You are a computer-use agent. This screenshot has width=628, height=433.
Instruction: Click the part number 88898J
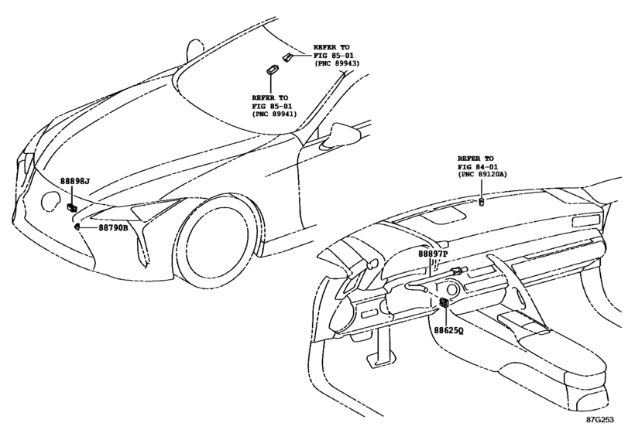(75, 181)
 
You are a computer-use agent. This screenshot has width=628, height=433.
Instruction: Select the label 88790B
(113, 228)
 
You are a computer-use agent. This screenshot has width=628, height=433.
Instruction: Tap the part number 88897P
(434, 254)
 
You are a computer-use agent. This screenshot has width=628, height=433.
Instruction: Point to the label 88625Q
(448, 331)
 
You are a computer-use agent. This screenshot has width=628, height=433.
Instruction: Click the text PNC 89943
(337, 63)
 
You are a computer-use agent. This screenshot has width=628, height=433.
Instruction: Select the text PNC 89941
(275, 114)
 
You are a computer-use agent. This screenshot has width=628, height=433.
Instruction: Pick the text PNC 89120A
(482, 174)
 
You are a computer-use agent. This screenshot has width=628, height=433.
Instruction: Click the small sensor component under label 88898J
(72, 207)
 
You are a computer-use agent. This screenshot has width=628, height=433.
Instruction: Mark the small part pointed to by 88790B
(77, 227)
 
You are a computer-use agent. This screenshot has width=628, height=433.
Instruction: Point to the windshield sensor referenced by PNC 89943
(287, 57)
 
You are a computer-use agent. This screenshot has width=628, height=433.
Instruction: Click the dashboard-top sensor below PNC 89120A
(482, 202)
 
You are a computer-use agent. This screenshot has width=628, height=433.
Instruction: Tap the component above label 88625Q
(444, 302)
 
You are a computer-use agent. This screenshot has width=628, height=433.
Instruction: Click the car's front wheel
(218, 242)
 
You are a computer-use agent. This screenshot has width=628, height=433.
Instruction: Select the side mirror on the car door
(341, 134)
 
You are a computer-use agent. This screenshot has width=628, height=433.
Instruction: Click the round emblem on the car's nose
(51, 201)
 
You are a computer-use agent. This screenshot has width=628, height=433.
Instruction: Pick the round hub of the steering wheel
(451, 289)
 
